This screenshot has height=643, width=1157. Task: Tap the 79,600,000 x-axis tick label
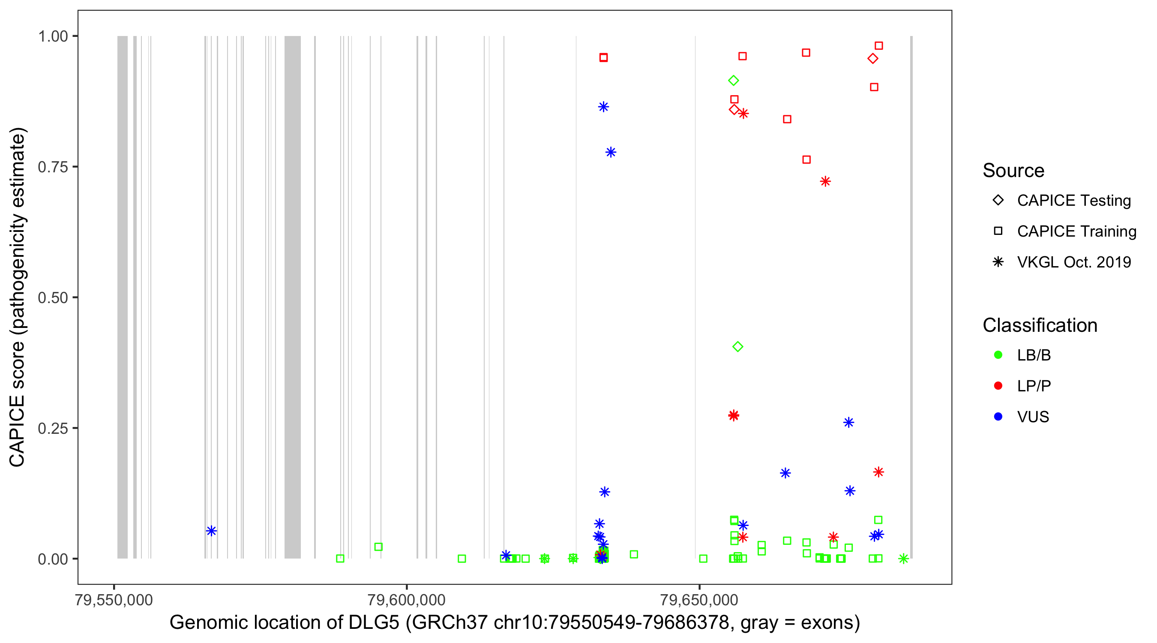(x=406, y=600)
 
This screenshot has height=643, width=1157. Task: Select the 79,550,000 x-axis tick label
(x=114, y=600)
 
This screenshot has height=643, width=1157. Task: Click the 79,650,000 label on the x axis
(x=698, y=600)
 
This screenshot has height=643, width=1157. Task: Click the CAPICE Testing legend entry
(x=1073, y=201)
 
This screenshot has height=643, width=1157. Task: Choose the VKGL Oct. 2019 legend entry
(x=1073, y=262)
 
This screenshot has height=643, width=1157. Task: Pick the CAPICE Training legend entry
(x=1076, y=231)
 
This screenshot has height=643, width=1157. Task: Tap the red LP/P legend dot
(x=998, y=386)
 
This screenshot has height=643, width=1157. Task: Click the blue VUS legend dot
(x=998, y=417)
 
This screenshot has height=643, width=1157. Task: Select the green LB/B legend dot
(x=998, y=355)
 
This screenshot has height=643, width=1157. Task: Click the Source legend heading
(x=1013, y=171)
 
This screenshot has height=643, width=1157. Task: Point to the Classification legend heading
(x=1040, y=325)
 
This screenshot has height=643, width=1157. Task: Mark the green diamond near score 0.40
(x=737, y=346)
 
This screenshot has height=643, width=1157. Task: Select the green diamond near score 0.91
(x=734, y=81)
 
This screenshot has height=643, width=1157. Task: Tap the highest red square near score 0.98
(x=878, y=46)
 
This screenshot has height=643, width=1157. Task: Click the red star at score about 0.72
(x=825, y=181)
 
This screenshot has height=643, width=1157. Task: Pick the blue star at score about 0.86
(x=603, y=107)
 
